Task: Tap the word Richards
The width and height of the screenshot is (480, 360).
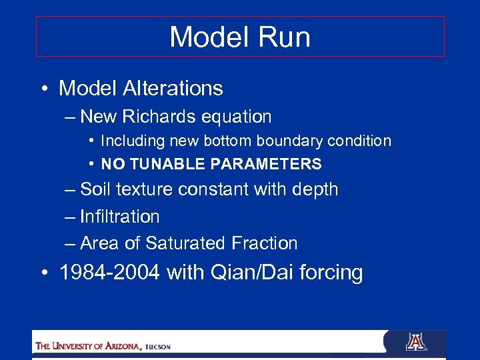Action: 155,117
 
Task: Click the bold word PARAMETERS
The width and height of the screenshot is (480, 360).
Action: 266,164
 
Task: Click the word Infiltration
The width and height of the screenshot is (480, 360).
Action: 119,217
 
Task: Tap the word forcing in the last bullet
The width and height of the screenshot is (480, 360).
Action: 332,273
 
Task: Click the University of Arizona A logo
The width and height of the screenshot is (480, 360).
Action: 415,343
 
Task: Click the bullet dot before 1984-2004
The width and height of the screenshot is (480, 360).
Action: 45,273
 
